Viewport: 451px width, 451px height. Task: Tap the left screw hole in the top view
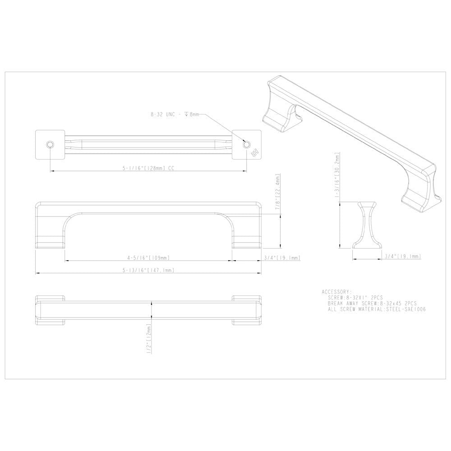click(x=50, y=144)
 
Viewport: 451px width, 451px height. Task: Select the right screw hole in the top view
click(x=246, y=144)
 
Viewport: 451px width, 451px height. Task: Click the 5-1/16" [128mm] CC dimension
click(x=148, y=168)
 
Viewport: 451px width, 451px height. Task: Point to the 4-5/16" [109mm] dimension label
click(x=148, y=258)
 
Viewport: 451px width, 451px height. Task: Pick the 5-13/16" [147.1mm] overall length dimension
click(x=148, y=270)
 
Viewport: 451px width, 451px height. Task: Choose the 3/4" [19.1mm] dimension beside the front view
click(x=281, y=258)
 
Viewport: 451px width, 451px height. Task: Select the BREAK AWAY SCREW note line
click(x=373, y=304)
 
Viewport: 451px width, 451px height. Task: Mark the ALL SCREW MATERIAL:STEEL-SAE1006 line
click(x=377, y=310)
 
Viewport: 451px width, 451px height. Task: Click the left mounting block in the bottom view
click(x=51, y=310)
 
